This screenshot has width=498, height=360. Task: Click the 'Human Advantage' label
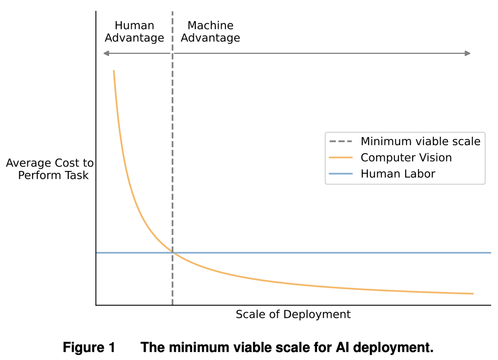(134, 32)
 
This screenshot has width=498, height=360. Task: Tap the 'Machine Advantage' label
(210, 32)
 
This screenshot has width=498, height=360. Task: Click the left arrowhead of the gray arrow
(105, 53)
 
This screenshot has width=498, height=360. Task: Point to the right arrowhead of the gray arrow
(468, 53)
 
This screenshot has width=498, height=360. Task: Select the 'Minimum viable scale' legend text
(420, 141)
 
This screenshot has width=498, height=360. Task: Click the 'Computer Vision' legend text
(406, 158)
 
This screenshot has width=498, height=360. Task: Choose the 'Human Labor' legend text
(398, 174)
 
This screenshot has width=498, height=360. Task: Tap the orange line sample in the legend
(341, 158)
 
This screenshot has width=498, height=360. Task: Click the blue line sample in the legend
(341, 174)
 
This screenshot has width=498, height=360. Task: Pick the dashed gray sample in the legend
(341, 141)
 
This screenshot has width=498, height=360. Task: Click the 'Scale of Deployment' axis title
(293, 314)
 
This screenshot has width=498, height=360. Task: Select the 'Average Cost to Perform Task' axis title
(50, 169)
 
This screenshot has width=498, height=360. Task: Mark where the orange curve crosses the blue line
(172, 252)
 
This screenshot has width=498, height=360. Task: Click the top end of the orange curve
(113, 71)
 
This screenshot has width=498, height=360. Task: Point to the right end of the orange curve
(473, 294)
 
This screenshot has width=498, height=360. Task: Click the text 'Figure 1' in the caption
(89, 347)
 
